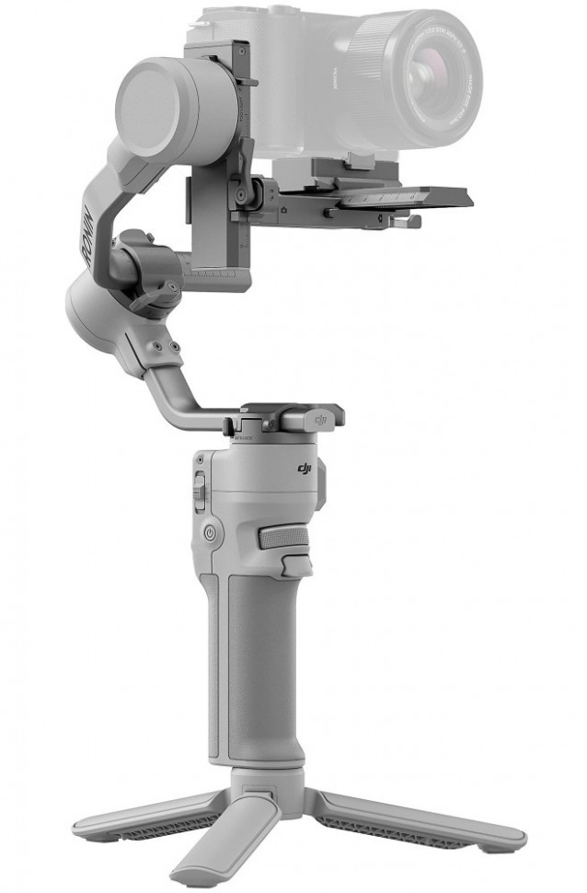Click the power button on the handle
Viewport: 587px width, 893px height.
211,532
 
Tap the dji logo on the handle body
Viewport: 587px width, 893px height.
305,470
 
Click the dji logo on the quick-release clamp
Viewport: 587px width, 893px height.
322,419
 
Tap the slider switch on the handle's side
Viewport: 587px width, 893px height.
200,488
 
